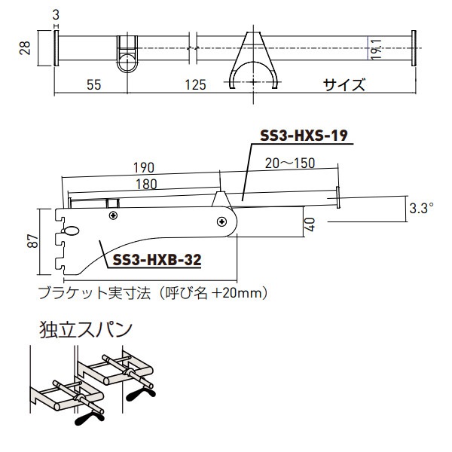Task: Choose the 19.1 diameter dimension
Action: point(374,50)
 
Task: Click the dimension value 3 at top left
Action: point(57,14)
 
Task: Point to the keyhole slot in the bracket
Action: point(72,232)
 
